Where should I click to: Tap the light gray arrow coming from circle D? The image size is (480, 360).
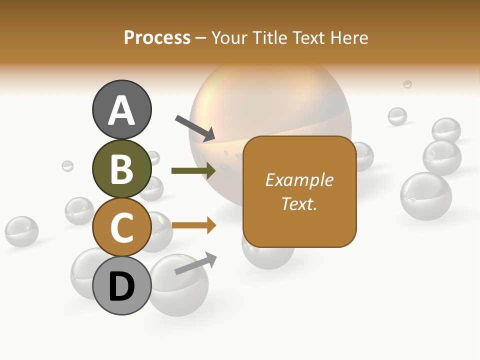pos(195,264)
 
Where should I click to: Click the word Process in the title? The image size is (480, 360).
pos(157,38)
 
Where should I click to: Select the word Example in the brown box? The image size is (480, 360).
pos(299,180)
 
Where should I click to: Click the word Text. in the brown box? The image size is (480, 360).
pos(299,203)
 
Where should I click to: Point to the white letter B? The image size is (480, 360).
pos(121,169)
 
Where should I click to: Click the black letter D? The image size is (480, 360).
pos(121,287)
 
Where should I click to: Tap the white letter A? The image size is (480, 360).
pos(121,110)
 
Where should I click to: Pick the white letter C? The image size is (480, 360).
pos(121,228)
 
